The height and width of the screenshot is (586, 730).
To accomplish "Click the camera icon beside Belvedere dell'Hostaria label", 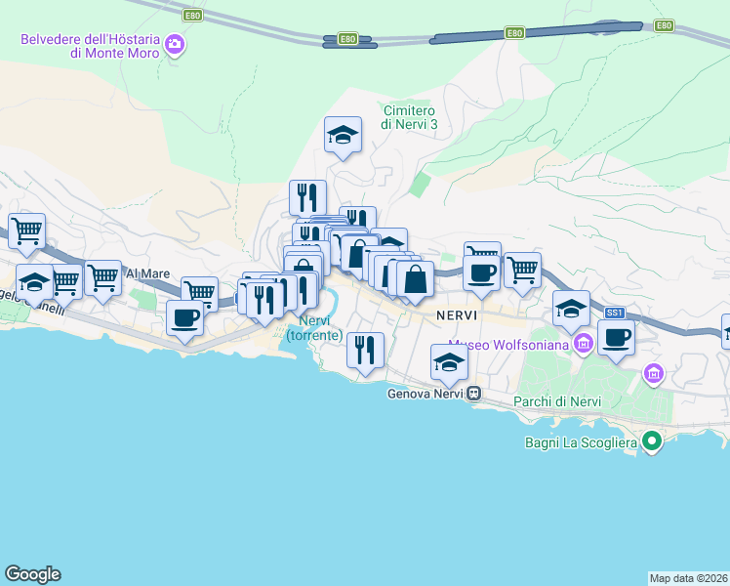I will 175,44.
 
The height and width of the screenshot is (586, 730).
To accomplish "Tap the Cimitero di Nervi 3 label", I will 409,117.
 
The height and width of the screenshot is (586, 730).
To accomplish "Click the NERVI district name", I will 456,315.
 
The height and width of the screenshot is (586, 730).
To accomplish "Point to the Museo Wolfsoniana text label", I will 509,344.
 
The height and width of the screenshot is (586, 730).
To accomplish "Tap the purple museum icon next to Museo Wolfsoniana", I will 584,343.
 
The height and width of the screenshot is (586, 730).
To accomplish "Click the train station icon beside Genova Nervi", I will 473,395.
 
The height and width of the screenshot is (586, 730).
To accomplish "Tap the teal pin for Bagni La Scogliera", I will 653,443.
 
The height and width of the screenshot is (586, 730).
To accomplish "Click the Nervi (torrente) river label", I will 314,328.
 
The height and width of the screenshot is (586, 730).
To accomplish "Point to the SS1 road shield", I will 614,313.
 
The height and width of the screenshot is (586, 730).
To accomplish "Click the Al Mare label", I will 142,274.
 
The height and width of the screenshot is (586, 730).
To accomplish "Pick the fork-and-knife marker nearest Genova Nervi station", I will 365,350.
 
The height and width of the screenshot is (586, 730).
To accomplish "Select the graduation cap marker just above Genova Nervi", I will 449,361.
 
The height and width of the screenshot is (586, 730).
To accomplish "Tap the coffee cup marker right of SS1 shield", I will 615,338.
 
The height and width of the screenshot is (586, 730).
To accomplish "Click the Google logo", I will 32,574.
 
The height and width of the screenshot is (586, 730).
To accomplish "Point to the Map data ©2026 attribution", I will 688,577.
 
